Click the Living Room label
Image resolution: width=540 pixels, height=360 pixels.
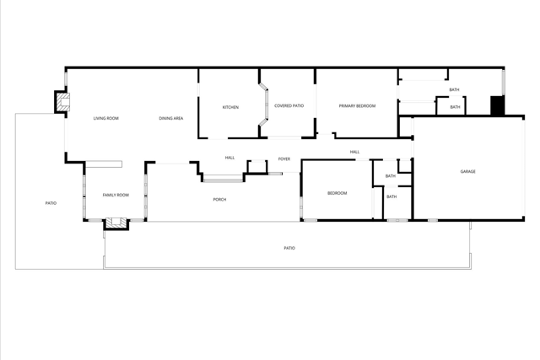click(105, 118)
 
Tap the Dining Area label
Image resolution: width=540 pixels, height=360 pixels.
click(171, 118)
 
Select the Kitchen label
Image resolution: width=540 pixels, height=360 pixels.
click(230, 107)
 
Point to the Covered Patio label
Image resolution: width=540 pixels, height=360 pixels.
click(289, 105)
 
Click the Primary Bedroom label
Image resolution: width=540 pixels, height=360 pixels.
click(357, 105)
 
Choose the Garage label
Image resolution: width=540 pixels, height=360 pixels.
click(467, 171)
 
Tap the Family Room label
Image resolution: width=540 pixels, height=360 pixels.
click(116, 195)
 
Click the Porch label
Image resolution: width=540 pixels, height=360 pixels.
click(219, 199)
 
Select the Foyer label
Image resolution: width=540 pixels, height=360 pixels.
click(284, 159)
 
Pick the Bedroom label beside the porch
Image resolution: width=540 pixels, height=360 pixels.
click(337, 193)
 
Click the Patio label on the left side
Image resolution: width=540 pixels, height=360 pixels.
click(51, 203)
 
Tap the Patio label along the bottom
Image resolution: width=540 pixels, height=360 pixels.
click(289, 248)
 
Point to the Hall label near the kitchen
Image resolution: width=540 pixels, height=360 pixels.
click(229, 158)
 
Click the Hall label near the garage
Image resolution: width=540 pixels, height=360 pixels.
click(354, 152)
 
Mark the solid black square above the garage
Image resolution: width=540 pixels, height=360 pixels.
click(497, 105)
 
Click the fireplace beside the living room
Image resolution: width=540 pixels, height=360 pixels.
click(62, 100)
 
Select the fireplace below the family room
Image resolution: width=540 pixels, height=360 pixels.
click(115, 223)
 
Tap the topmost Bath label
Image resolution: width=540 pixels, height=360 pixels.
click(454, 89)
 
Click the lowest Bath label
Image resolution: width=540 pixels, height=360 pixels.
click(391, 196)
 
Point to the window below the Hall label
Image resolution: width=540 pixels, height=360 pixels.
click(222, 178)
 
